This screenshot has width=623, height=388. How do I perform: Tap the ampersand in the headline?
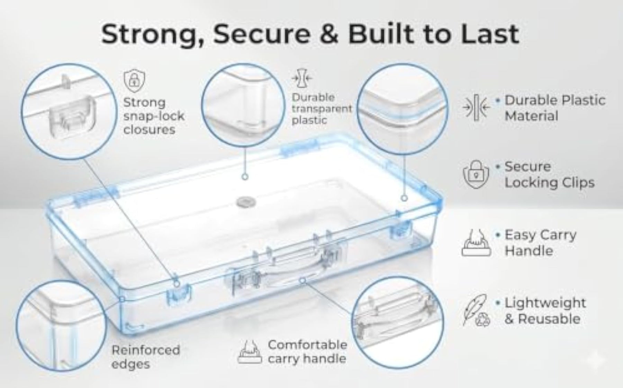(326, 34)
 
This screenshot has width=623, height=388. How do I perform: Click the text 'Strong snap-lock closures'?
(154, 116)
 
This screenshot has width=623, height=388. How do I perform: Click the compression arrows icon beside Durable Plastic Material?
(476, 107)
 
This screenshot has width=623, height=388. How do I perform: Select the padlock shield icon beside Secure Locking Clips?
(476, 174)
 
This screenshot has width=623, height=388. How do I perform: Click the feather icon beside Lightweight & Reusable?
(476, 310)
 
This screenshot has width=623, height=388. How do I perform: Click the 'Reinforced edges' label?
(146, 357)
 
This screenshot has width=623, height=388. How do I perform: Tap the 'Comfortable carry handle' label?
(307, 352)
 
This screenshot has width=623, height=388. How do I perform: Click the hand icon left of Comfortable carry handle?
(250, 352)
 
